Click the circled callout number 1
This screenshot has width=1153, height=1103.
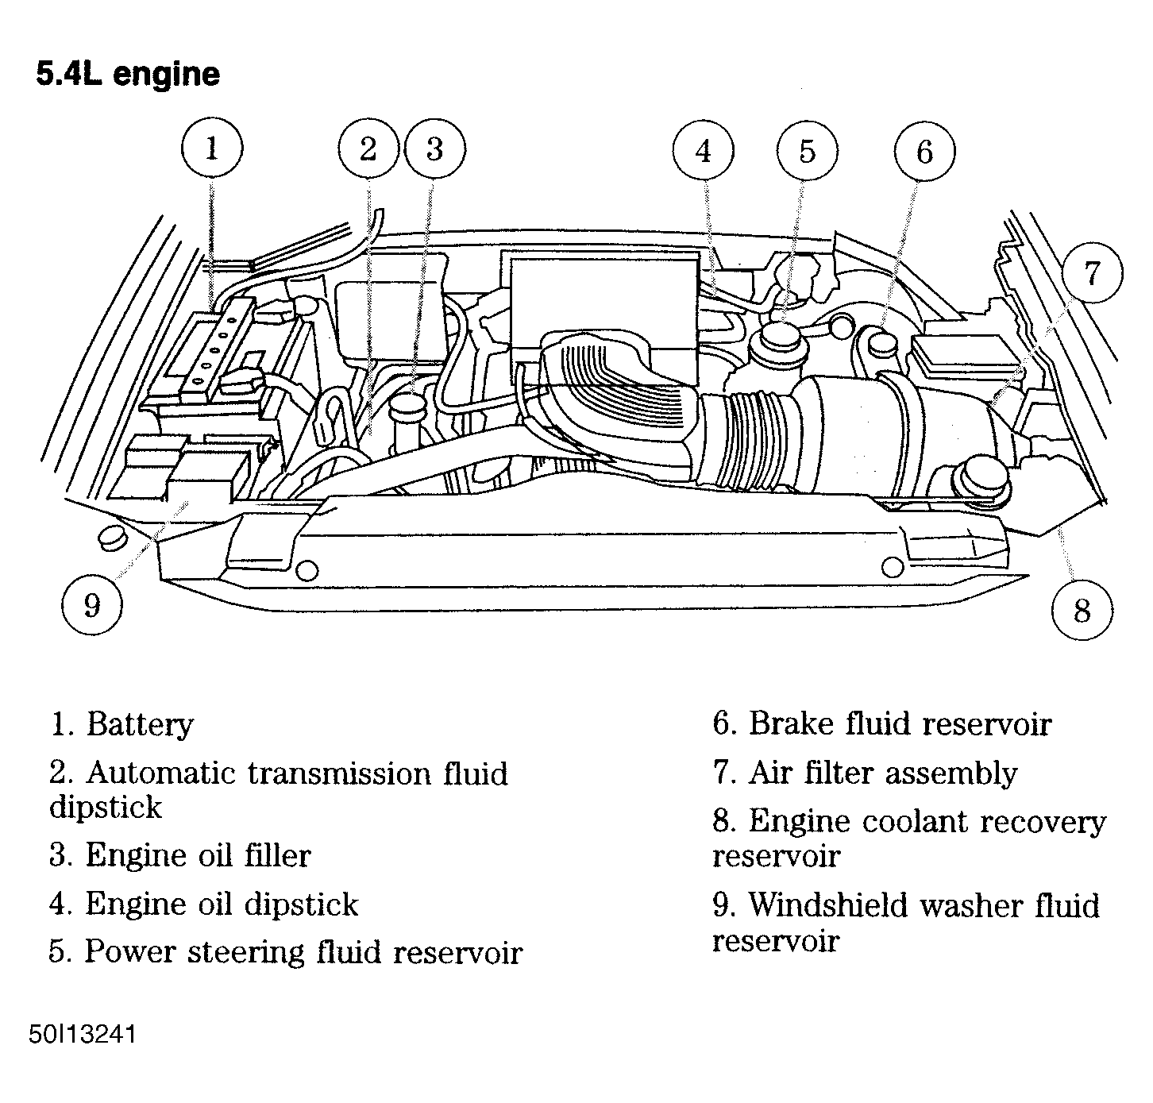(x=211, y=149)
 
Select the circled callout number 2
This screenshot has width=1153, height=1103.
(x=368, y=149)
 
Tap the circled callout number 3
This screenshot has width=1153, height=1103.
(x=434, y=149)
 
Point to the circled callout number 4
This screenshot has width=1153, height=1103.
(x=704, y=152)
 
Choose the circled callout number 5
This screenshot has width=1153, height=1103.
(x=808, y=152)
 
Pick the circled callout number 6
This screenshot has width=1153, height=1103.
(x=924, y=152)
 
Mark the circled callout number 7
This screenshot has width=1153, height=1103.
(x=1092, y=273)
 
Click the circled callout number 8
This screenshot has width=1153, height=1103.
(x=1082, y=610)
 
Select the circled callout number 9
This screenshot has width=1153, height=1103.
(x=92, y=605)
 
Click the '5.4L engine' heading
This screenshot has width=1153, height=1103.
(x=128, y=74)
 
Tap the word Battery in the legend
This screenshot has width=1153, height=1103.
(x=139, y=724)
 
